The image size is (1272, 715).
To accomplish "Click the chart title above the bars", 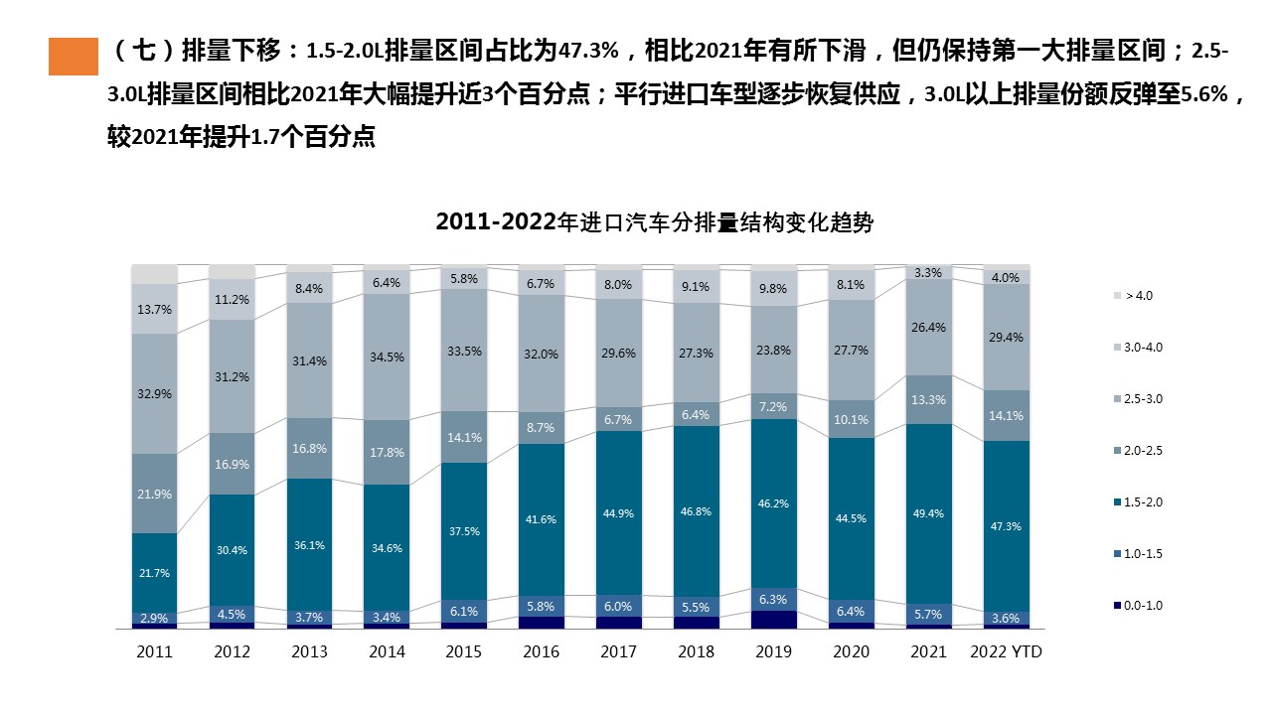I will click(654, 222).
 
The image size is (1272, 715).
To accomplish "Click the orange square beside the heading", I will click(74, 57).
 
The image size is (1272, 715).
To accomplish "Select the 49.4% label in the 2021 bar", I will click(928, 513).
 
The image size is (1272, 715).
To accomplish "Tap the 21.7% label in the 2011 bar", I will click(154, 573).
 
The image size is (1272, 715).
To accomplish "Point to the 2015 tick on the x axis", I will click(464, 651).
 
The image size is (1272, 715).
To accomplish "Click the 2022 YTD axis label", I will click(1006, 651).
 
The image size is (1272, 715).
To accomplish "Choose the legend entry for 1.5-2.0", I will click(1138, 502).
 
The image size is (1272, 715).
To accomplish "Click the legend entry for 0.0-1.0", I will click(1138, 606).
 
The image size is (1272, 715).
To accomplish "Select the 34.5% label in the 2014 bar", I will click(387, 357).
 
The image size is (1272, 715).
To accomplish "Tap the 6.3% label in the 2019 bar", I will click(773, 600).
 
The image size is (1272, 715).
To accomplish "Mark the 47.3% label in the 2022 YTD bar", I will click(1006, 526).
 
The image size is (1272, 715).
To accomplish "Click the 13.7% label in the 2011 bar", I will click(154, 309).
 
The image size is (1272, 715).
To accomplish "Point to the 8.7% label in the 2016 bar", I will click(542, 427).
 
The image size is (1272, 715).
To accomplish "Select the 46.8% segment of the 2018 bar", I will click(696, 511).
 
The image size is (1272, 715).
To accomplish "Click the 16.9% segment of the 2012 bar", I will click(232, 464).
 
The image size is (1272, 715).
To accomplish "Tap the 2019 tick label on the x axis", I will click(773, 651).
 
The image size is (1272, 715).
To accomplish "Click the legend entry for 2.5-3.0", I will click(1138, 399).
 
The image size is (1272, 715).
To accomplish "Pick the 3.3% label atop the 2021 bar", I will click(928, 272).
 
